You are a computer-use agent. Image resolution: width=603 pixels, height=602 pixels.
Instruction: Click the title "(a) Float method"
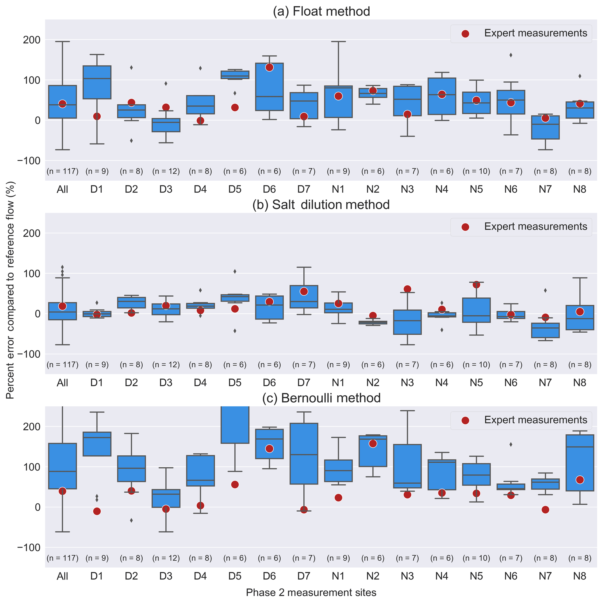click(x=321, y=12)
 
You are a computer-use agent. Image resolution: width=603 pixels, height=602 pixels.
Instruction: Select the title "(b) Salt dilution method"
click(x=321, y=205)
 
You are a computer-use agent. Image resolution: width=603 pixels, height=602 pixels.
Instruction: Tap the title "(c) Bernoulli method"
click(x=321, y=398)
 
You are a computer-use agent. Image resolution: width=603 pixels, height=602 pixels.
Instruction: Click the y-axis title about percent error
click(x=10, y=290)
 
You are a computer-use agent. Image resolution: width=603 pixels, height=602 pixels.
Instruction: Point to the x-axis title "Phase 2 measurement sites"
click(x=311, y=592)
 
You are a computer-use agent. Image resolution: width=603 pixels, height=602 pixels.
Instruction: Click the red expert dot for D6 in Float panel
click(x=269, y=67)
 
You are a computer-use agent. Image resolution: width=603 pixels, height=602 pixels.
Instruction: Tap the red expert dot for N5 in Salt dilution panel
click(x=476, y=285)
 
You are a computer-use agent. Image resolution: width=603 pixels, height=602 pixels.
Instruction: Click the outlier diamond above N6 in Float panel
click(x=511, y=55)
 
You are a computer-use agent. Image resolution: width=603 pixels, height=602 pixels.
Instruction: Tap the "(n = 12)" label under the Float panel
click(x=166, y=171)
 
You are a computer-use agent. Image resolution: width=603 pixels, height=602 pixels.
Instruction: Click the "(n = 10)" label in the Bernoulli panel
click(x=476, y=558)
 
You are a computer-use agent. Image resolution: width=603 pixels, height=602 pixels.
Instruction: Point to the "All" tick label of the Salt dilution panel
click(x=62, y=383)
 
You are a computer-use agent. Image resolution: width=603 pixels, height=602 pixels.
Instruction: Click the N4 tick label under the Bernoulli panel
click(x=442, y=576)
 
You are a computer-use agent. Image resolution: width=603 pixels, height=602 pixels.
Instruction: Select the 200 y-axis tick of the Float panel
click(x=32, y=40)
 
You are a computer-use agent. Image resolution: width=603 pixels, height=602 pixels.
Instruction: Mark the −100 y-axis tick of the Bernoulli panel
click(x=29, y=547)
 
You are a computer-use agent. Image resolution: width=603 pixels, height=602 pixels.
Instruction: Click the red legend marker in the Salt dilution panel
click(x=465, y=227)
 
